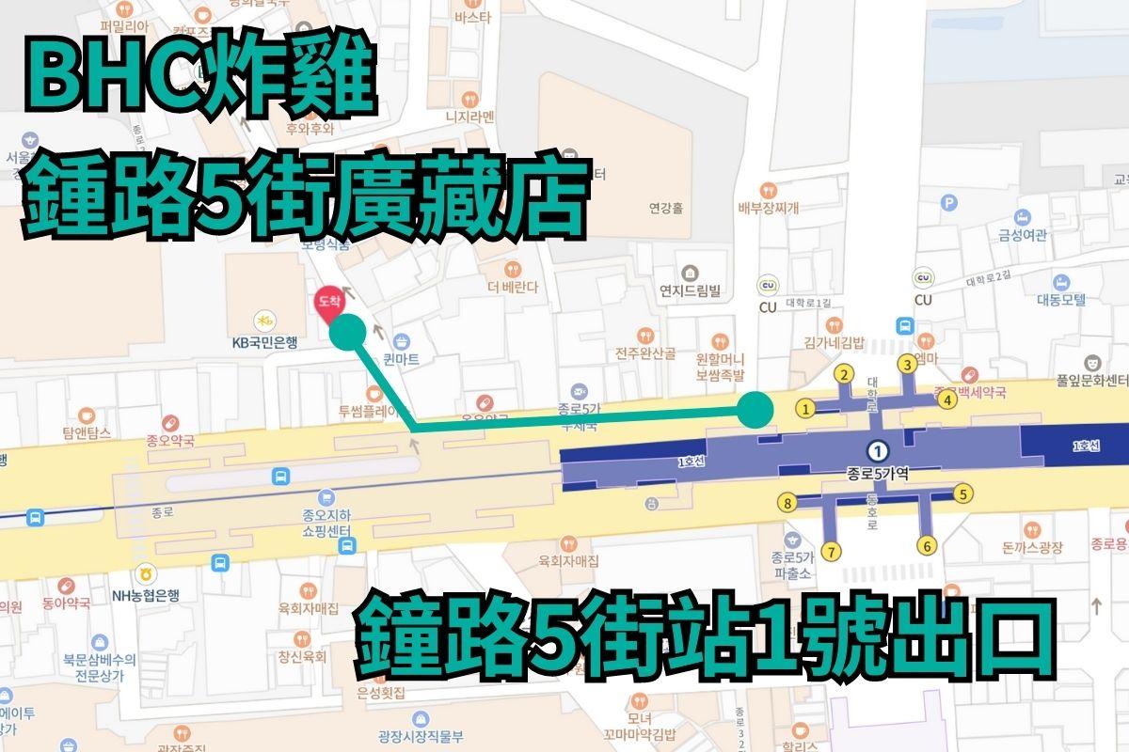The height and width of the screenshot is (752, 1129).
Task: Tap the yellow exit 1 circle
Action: click(x=804, y=408)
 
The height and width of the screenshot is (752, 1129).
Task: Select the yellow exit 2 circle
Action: click(x=845, y=375)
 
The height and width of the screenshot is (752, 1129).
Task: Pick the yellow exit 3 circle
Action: click(x=907, y=364)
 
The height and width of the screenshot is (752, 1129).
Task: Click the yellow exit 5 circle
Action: click(x=962, y=492)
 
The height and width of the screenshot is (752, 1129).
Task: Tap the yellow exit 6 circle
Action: click(x=927, y=545)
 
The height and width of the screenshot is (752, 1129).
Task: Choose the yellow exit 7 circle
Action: click(x=831, y=551)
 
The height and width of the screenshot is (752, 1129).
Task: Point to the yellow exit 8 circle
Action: click(x=787, y=503)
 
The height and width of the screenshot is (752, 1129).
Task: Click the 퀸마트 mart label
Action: click(x=402, y=359)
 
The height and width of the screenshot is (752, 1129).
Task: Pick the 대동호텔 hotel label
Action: click(x=1061, y=299)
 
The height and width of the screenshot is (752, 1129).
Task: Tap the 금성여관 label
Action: click(x=1023, y=235)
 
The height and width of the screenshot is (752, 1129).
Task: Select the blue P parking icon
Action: click(x=950, y=201)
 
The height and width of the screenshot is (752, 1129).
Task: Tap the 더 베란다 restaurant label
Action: click(x=513, y=287)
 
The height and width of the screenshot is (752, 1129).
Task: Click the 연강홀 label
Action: click(x=664, y=209)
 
